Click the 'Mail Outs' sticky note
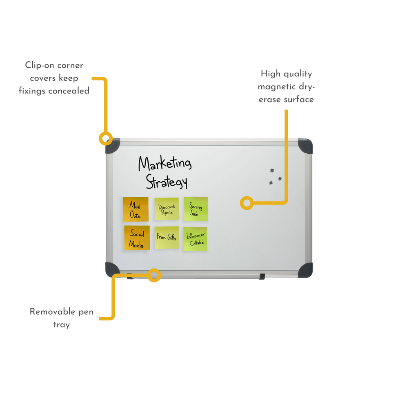136,209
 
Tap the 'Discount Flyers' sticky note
167,209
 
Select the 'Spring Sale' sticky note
196,209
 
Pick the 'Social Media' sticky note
137,238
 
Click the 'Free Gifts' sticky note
167,238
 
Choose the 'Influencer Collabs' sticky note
195,239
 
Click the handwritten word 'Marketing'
165,163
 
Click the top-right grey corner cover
305,146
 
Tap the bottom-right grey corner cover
305,270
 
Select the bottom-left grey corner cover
112,269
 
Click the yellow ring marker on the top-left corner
106,138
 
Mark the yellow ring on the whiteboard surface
246,203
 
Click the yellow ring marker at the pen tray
154,275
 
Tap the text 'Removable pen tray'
62,318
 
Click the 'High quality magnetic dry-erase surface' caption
286,87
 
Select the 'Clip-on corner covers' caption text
54,78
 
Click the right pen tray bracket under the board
262,276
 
